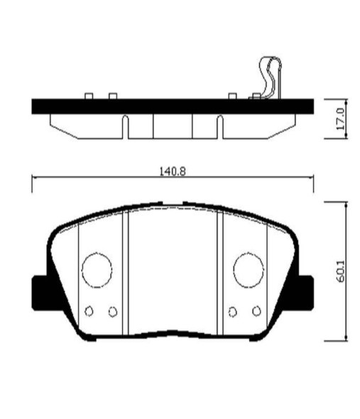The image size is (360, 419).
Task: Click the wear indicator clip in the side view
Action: point(268,77)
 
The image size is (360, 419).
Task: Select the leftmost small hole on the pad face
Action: point(89,311)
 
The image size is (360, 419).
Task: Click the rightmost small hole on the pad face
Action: point(256,311)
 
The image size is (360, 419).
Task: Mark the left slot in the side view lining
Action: point(125,126)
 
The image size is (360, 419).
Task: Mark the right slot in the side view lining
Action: point(220,126)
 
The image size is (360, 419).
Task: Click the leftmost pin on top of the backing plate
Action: point(89,96)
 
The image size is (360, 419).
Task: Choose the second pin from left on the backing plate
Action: point(112,96)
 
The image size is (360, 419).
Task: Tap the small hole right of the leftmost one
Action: point(112,311)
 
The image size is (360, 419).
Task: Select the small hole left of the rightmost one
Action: point(234,311)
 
